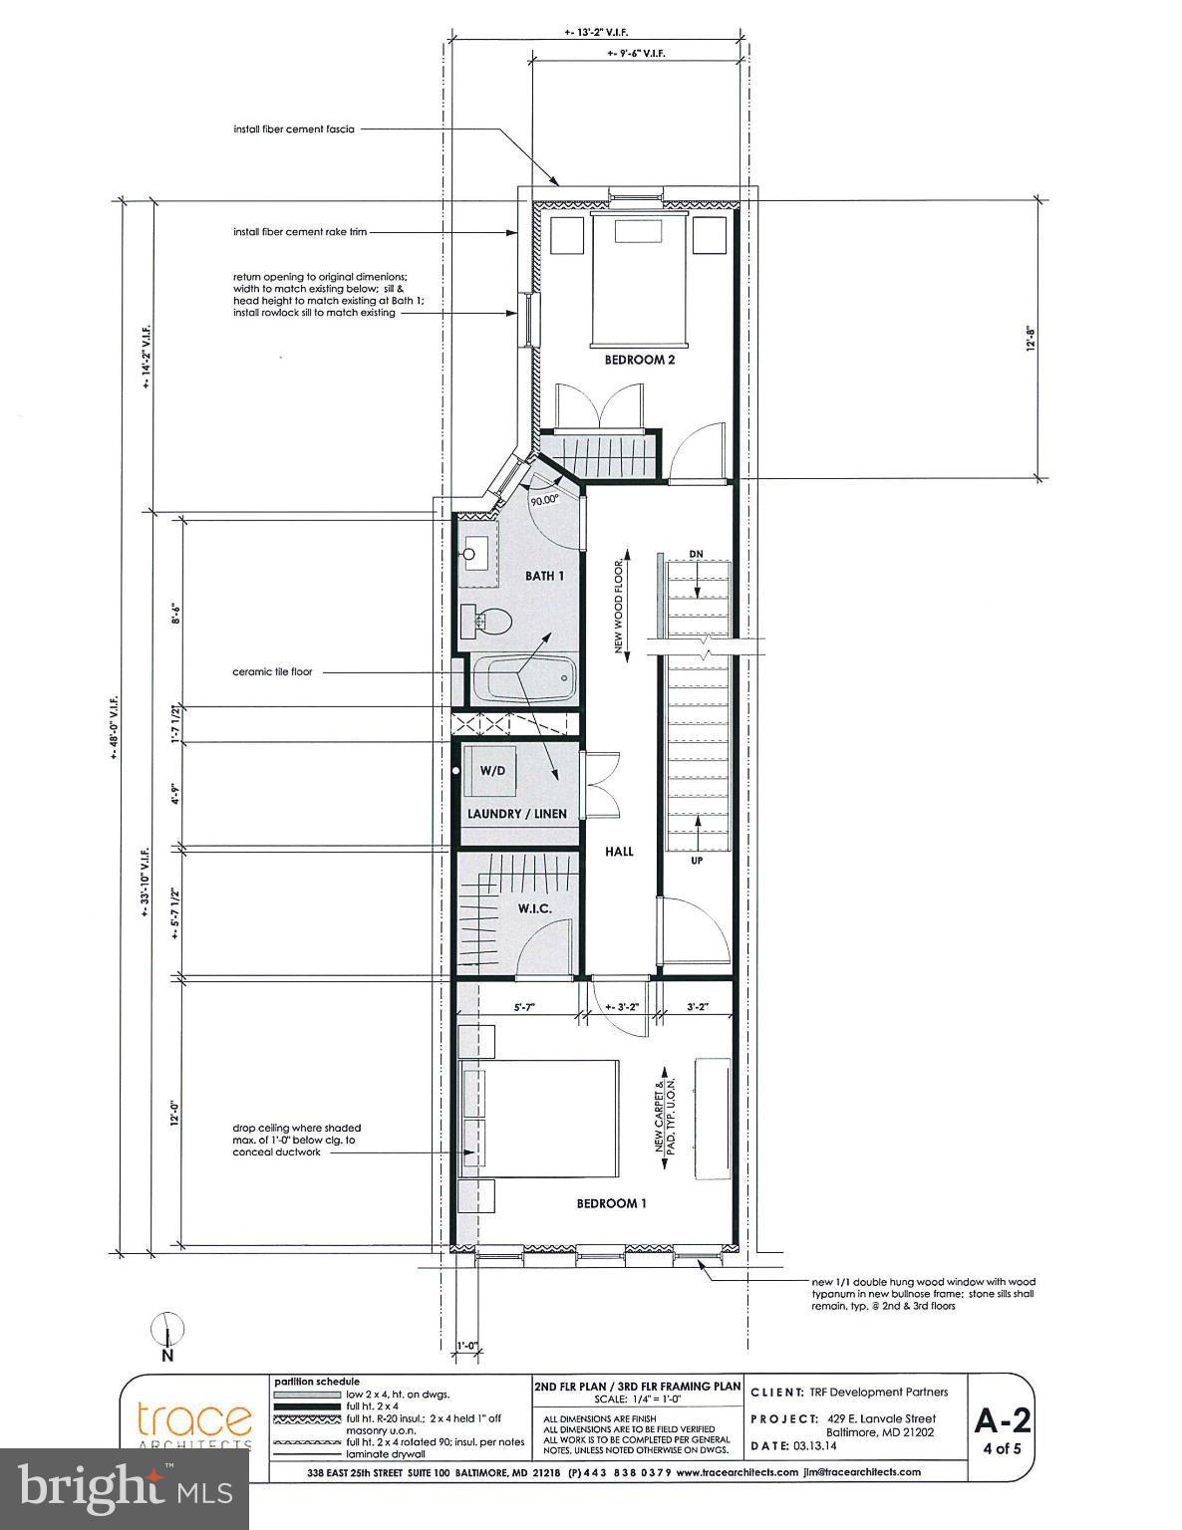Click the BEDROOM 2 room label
[639, 360]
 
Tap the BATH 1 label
[545, 576]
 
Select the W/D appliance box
[492, 771]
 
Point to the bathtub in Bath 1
[523, 680]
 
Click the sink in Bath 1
[477, 551]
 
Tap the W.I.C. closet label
[534, 908]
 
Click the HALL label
[618, 852]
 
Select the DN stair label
[696, 554]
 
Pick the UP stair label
[696, 860]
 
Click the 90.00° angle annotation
[544, 501]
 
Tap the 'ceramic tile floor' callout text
[272, 671]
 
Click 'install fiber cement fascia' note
[294, 128]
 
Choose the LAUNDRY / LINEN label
[517, 814]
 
